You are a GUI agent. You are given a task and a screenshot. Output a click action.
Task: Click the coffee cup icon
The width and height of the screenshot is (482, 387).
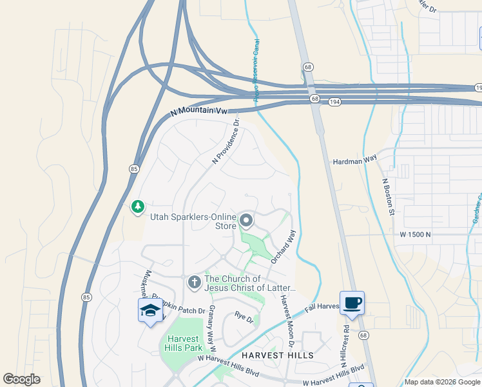point(352,303)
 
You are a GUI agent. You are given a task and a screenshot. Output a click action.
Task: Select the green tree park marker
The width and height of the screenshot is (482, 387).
point(137,207)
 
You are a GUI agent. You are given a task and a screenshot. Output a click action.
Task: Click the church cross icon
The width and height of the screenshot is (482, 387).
point(194,282)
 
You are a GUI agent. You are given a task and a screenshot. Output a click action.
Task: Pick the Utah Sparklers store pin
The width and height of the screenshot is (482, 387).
point(246,221)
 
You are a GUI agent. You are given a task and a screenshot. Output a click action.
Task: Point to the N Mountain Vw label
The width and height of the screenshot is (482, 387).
point(200,112)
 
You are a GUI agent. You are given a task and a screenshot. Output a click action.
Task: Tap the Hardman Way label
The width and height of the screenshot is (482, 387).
point(354,162)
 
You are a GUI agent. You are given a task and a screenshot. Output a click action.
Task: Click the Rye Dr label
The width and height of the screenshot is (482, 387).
point(245,316)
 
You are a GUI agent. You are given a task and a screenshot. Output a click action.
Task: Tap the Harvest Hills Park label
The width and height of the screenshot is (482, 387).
point(185,344)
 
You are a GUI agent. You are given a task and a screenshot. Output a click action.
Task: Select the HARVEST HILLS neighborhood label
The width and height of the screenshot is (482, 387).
point(277,355)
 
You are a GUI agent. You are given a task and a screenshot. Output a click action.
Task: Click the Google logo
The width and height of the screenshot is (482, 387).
point(21,379)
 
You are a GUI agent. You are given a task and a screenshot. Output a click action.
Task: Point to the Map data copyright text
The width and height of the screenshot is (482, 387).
point(442,382)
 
